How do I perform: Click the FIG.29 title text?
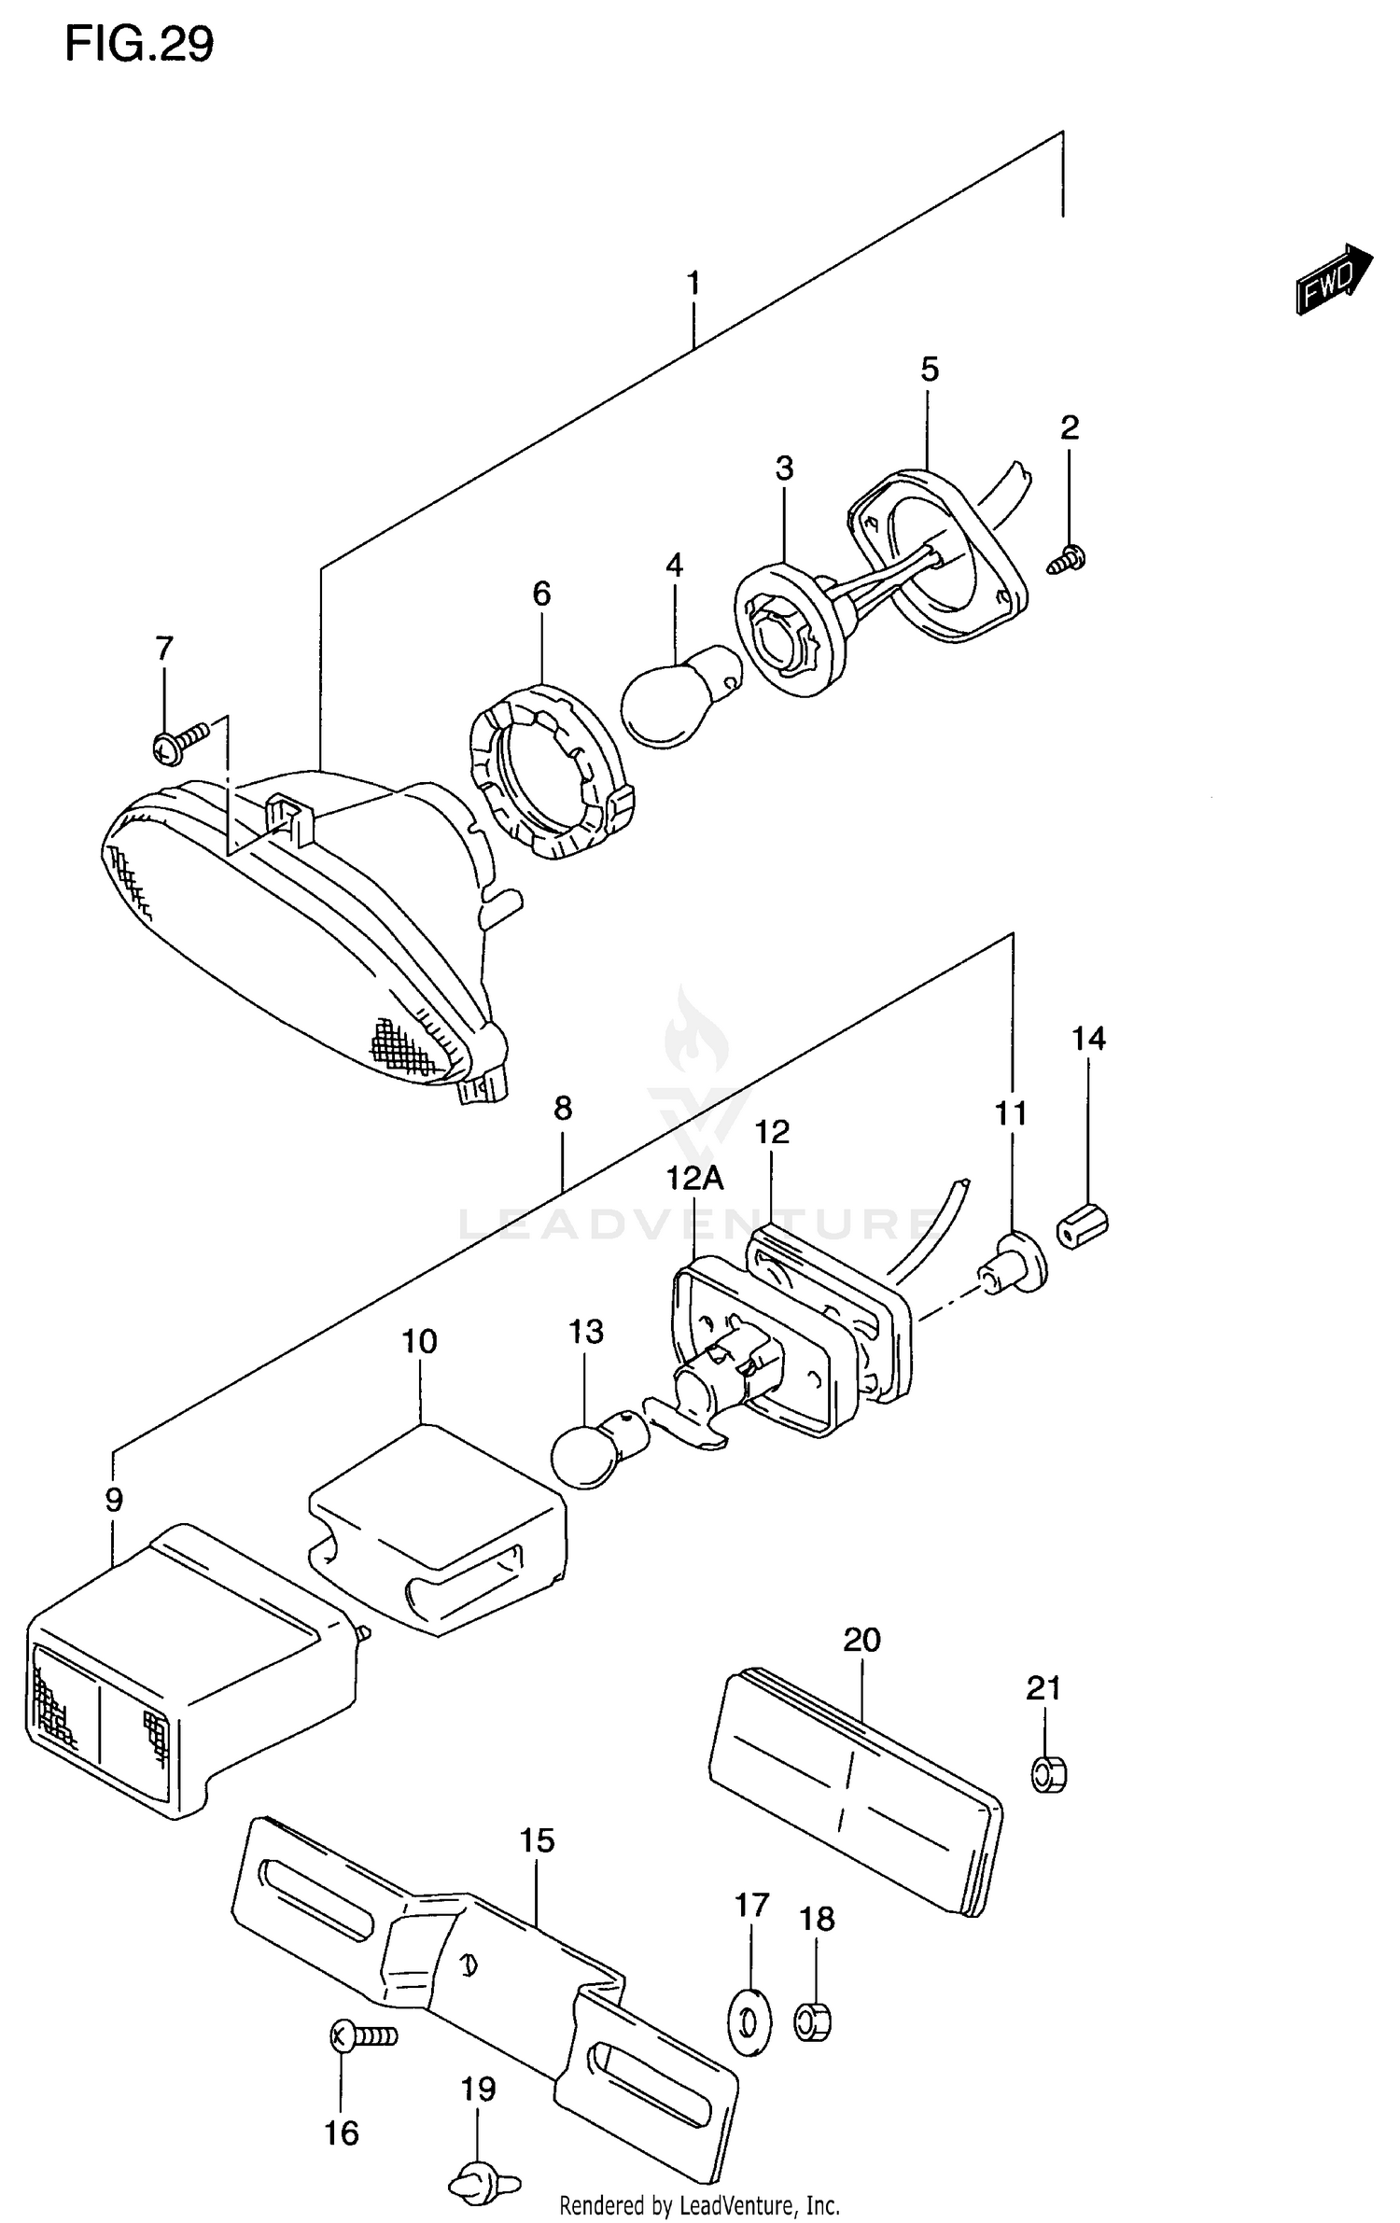(139, 44)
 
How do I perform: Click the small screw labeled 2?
(1068, 560)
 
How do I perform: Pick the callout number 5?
(929, 370)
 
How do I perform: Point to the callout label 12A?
(694, 1179)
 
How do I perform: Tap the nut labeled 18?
(813, 2021)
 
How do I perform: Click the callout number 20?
(861, 1639)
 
